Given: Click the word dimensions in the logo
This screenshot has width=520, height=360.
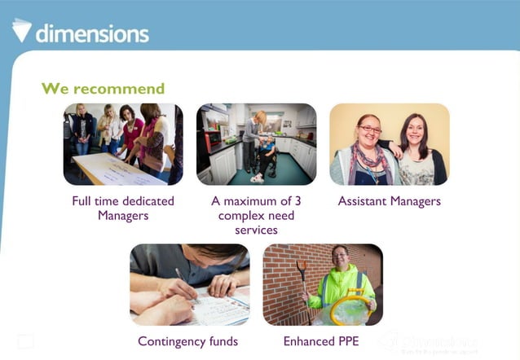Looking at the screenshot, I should click(x=92, y=33).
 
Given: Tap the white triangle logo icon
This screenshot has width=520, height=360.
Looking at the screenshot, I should click(x=22, y=30).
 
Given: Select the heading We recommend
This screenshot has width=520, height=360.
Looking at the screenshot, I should click(x=103, y=89).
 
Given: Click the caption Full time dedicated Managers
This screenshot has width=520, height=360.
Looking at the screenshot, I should click(x=123, y=208).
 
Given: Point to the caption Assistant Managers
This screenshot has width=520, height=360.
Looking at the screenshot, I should click(x=389, y=201).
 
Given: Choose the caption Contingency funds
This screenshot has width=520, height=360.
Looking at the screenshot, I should click(x=188, y=341).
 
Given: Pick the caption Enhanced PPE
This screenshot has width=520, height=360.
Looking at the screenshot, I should click(x=321, y=341).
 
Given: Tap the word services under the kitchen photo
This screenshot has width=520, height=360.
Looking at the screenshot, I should click(x=256, y=230).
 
